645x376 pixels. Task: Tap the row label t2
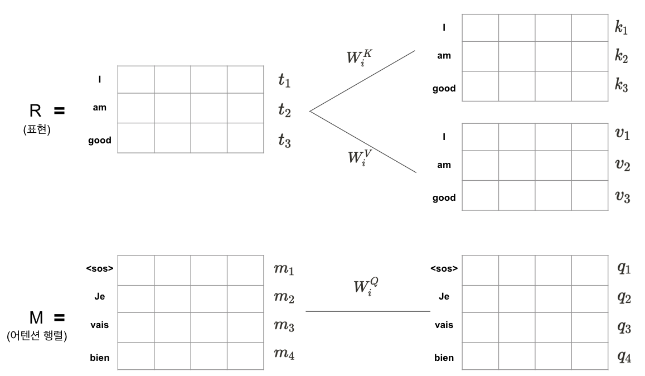pos(285,110)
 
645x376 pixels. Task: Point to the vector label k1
pos(621,28)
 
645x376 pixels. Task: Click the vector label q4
pos(624,356)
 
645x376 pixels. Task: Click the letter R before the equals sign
pos(36,111)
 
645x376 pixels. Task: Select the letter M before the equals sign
pos(36,318)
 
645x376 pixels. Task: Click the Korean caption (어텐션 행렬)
pos(37,338)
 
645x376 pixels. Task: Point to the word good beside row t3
pos(99,141)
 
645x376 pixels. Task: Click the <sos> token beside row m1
pos(100,269)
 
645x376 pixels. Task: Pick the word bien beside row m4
pos(99,358)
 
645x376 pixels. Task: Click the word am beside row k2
pos(444,56)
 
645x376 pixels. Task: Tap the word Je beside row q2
pos(444,296)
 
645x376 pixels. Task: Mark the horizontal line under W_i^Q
pos(367,311)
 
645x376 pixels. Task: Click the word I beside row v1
pos(444,136)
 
